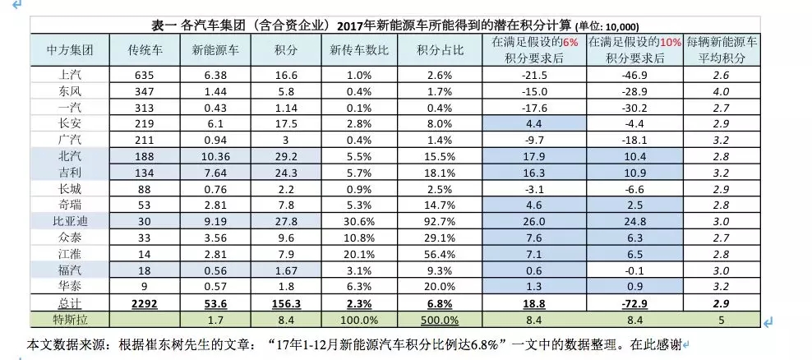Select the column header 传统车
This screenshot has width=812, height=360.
(145, 50)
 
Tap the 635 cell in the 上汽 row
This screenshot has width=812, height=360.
(145, 74)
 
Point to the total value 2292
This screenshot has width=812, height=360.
(145, 303)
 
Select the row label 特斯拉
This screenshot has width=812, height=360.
(68, 318)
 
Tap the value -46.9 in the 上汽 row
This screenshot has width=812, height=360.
(634, 74)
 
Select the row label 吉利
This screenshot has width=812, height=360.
(68, 171)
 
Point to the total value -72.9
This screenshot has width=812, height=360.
(634, 303)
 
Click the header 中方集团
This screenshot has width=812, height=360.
(68, 50)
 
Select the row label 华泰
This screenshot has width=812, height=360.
(68, 287)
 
